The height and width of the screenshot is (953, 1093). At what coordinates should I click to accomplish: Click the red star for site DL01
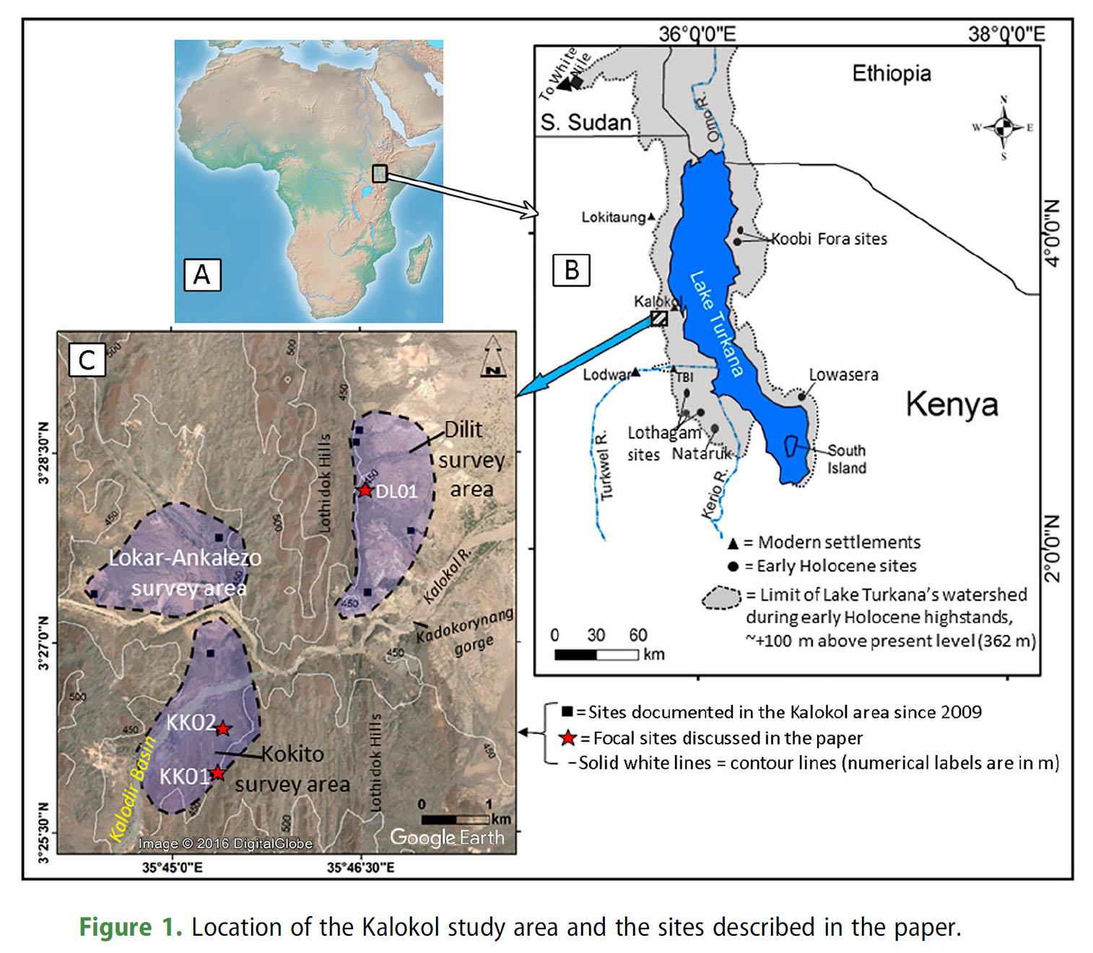365,491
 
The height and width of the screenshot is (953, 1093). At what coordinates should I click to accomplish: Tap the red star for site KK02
223,729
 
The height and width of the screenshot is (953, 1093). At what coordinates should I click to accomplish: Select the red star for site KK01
217,773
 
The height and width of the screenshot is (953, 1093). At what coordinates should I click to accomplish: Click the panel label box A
202,275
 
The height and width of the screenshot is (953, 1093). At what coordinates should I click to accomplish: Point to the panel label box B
571,270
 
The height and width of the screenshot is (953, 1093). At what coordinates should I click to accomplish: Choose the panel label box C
87,359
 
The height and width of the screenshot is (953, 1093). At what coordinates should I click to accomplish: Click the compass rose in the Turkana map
1003,128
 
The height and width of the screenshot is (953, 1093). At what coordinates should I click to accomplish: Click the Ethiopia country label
892,74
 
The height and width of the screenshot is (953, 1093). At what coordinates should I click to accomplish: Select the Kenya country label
952,404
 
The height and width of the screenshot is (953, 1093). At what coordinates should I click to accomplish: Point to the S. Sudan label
585,123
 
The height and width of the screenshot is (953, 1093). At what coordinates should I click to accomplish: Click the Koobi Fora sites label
829,239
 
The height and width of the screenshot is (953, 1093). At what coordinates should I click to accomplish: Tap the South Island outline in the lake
793,446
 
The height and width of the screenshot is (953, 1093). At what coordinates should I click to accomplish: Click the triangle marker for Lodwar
635,372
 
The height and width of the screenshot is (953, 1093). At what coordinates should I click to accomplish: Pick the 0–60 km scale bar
596,654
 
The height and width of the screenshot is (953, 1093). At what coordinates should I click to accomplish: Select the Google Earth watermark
447,837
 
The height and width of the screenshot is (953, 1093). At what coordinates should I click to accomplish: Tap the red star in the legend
569,738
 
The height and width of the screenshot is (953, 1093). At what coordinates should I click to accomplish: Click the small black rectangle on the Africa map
380,173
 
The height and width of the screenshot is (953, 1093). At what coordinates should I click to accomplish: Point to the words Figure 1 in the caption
130,927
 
